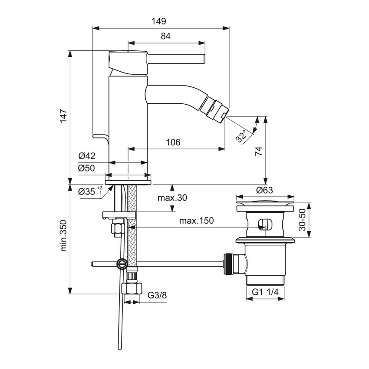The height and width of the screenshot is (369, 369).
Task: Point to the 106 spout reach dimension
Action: [x=173, y=142]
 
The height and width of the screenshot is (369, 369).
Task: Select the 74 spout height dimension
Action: [x=258, y=151]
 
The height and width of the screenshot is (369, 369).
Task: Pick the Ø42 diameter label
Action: [x=87, y=156]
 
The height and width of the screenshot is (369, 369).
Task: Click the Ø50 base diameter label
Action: [x=87, y=168]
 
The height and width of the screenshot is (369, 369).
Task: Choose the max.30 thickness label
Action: [x=172, y=198]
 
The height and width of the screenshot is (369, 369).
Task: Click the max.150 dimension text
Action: [x=197, y=221]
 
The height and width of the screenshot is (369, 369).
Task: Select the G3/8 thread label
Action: [x=157, y=295]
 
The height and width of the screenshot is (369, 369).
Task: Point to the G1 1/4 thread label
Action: [x=265, y=293]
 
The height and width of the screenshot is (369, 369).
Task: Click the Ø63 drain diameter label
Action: [x=264, y=190]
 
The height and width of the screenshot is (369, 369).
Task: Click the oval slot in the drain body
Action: [x=264, y=225]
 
